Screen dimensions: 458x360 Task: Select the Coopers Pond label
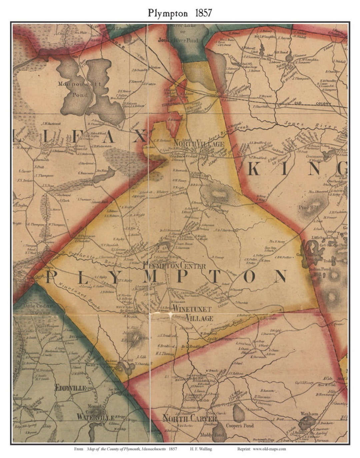[240, 426]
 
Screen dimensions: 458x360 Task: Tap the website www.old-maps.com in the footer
[269, 449]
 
